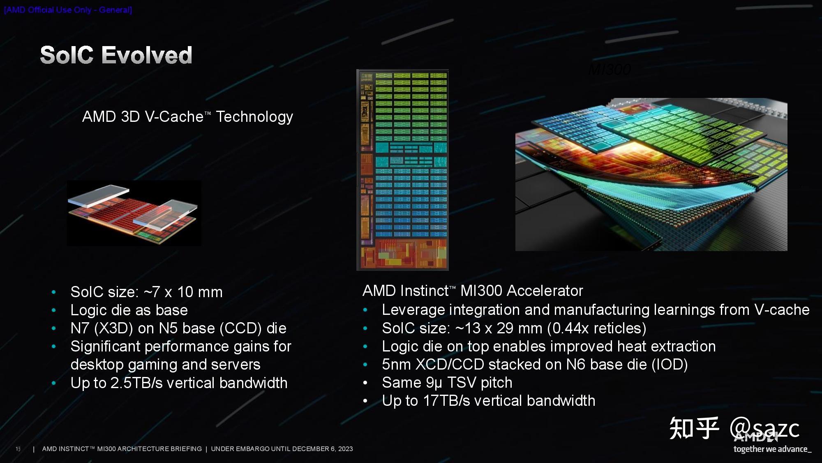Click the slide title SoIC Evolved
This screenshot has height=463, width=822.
(116, 55)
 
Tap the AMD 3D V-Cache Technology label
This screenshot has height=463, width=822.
(187, 117)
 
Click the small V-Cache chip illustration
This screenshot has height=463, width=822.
(134, 213)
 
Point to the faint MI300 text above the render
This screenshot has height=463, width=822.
(609, 70)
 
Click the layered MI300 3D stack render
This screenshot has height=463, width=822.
(651, 174)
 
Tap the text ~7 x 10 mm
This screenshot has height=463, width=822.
(183, 292)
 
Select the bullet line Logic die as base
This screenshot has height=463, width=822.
(129, 310)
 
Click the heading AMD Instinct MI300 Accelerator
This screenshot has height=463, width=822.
(473, 291)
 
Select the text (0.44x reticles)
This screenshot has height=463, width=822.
(597, 328)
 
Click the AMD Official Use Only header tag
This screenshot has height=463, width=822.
(68, 10)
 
